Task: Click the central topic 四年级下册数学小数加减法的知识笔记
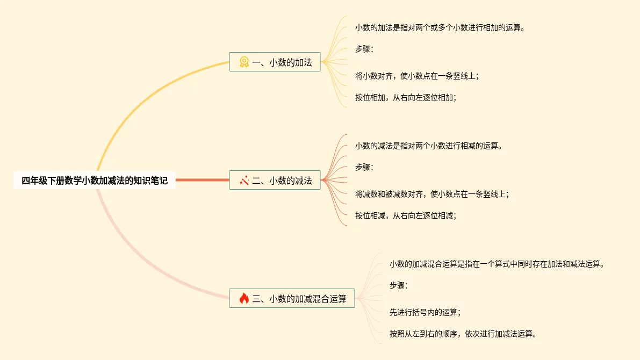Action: pos(95,181)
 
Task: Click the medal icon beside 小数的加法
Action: pos(244,62)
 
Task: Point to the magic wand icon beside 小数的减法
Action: pos(244,181)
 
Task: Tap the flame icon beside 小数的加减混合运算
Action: pos(244,298)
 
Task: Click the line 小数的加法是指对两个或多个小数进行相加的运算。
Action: pos(440,27)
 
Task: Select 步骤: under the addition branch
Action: pos(364,49)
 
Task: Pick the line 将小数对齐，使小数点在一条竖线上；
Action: pos(417,76)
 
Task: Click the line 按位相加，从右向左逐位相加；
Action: pos(406,97)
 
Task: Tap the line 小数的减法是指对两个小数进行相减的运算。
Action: pos(428,146)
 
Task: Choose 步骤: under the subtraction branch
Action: pos(364,167)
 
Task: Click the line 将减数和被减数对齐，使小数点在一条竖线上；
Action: pos(432,194)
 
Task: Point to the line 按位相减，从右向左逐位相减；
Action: pos(406,215)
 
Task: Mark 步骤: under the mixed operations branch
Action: pos(398,285)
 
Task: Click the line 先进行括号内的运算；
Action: pos(425,312)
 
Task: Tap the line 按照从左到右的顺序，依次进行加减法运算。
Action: pos(463,334)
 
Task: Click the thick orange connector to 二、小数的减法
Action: pos(202,180)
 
